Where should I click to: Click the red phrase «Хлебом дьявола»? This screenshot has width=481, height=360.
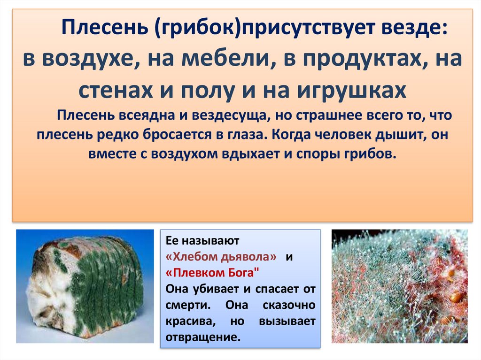coord(221,256)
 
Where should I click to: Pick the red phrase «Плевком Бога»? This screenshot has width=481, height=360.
coord(212,272)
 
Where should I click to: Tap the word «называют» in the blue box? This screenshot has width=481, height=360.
coord(210,241)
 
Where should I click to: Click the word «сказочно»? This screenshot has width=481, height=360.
coord(289,305)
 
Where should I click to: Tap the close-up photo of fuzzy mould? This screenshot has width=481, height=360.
coord(400,286)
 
